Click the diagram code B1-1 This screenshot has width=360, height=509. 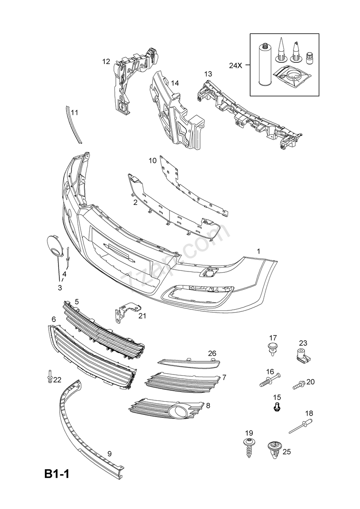(56, 474)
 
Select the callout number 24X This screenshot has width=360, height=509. (235, 65)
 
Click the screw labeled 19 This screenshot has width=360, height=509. (248, 449)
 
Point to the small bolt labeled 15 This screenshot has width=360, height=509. (277, 407)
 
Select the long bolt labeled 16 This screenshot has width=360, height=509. (270, 381)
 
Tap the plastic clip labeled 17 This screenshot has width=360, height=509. (272, 349)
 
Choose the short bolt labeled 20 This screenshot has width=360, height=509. (298, 385)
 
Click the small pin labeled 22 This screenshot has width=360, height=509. (50, 376)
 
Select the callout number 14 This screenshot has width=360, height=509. (174, 83)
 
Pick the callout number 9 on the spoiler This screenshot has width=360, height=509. (109, 453)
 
